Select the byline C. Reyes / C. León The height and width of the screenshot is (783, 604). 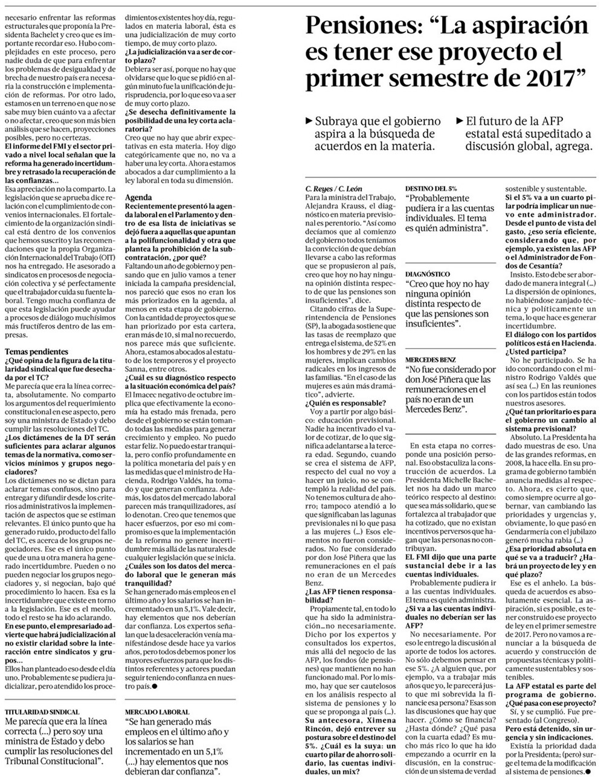coord(330,189)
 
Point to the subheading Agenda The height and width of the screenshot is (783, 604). coord(138,197)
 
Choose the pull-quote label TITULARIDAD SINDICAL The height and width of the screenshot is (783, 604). coord(42,712)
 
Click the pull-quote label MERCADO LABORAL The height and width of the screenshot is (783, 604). coord(158,712)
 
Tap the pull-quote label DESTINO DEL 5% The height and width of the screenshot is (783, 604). coord(431,188)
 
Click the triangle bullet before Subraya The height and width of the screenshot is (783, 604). coord(310,121)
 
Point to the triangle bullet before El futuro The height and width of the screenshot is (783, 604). coord(461,120)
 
